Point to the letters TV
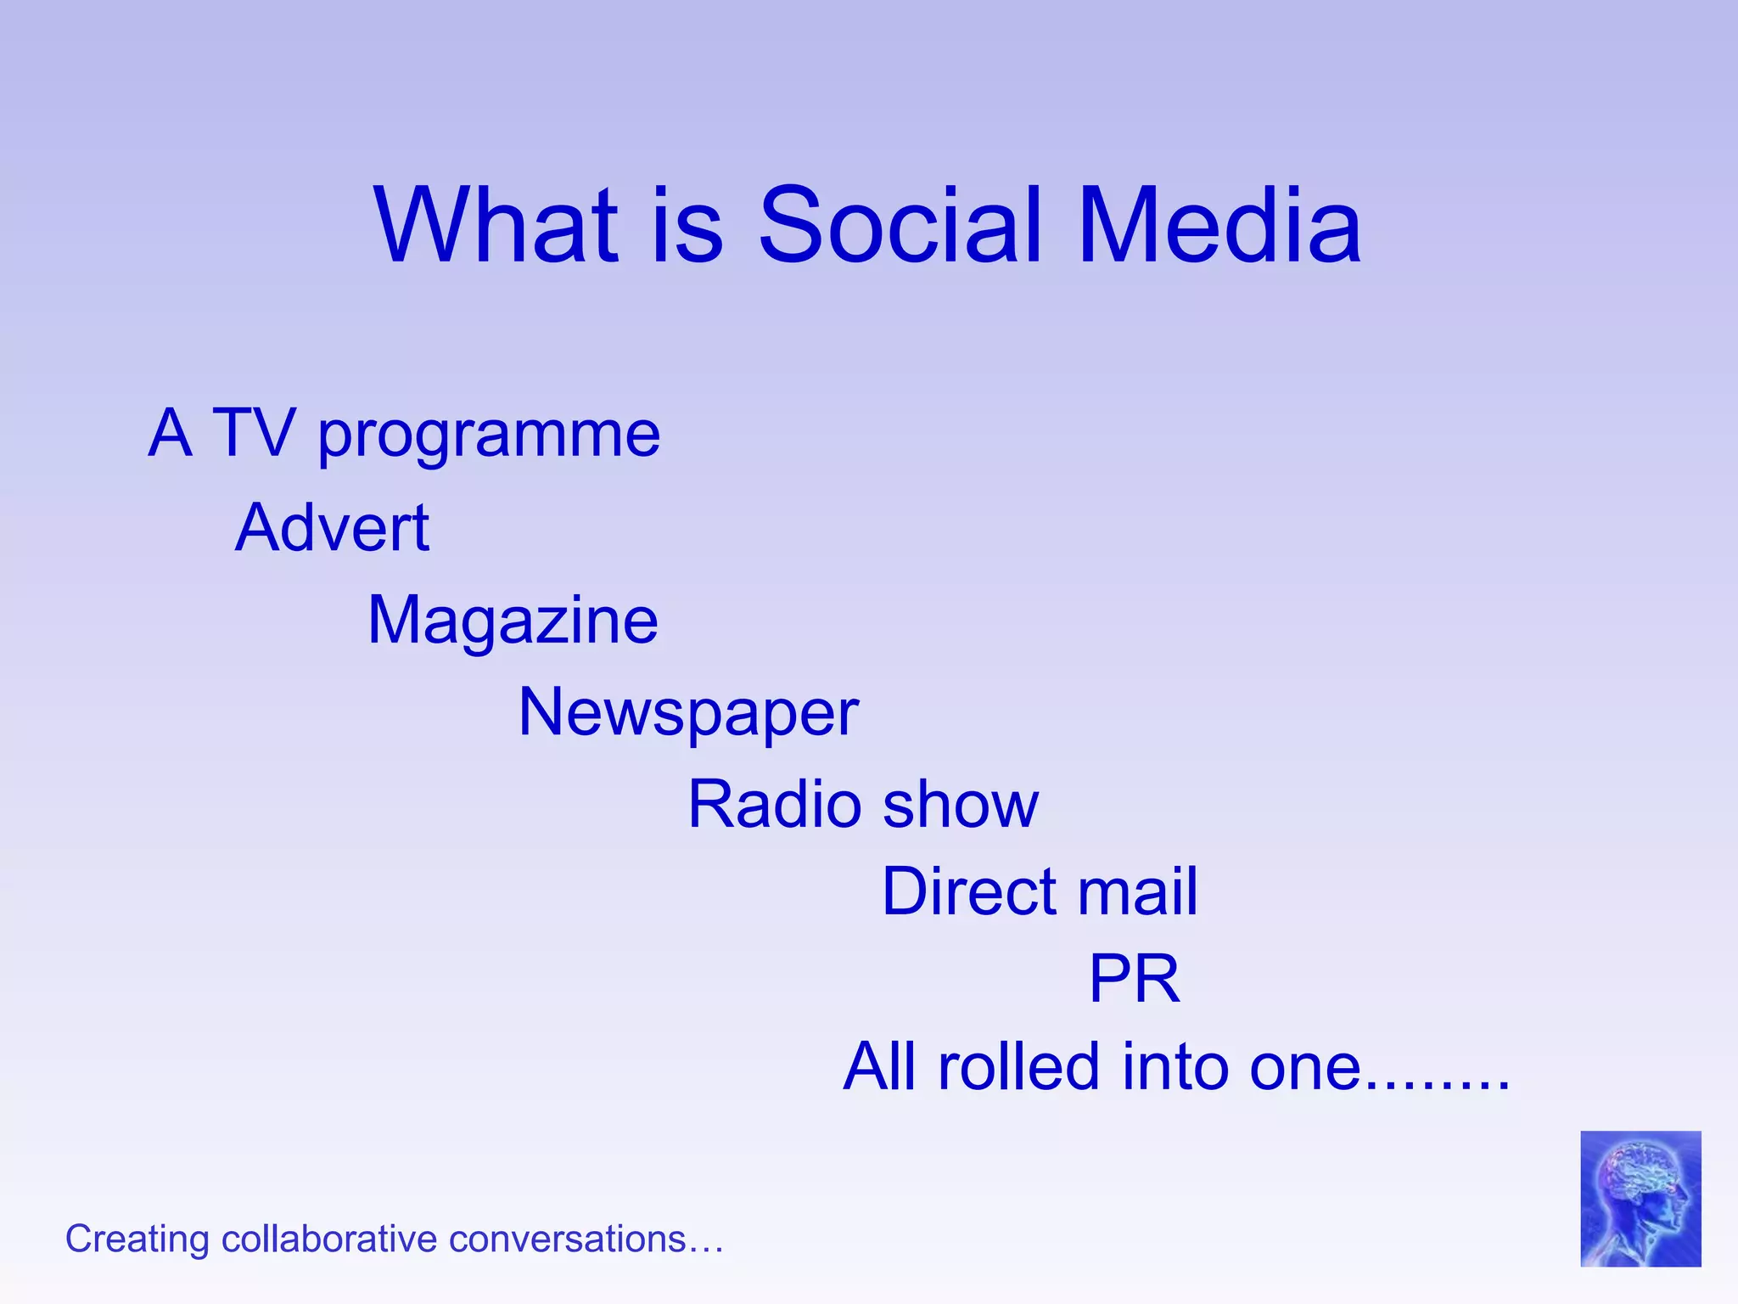tap(253, 433)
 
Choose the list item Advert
tap(332, 527)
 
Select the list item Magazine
tap(513, 621)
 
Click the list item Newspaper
tap(688, 713)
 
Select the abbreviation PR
tap(1134, 979)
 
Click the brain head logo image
tap(1640, 1198)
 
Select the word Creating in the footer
tap(137, 1239)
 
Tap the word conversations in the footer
tap(567, 1239)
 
